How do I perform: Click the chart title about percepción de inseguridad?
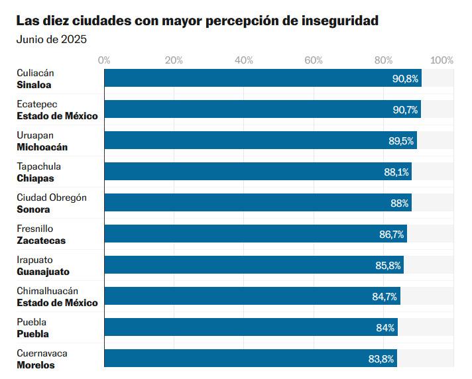198,21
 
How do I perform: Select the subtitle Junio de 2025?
52,39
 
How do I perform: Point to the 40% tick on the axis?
244,60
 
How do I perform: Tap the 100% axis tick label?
442,60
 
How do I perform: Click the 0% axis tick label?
104,60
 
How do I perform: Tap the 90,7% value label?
405,109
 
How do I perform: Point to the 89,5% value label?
401,140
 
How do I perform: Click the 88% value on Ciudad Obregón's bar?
399,203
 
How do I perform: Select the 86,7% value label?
392,234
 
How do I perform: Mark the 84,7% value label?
384,296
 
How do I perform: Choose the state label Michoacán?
42,147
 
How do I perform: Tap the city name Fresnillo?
35,229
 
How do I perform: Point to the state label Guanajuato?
43,272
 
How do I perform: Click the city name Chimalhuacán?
48,291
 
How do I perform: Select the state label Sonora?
33,209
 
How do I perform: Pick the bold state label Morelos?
36,365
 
